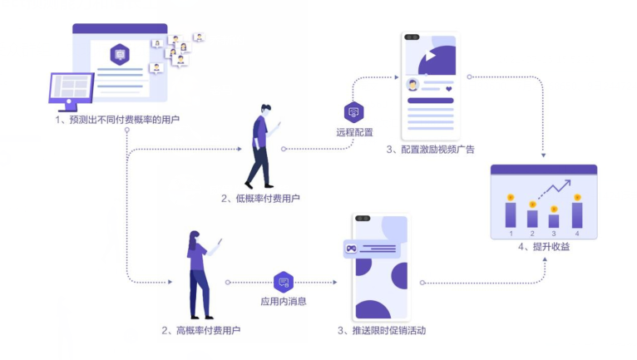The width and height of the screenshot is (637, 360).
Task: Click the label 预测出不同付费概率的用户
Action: point(117,120)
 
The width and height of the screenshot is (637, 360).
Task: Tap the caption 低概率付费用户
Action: point(261,198)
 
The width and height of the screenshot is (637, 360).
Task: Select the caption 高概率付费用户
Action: point(201,330)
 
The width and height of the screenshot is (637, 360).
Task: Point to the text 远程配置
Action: point(354,132)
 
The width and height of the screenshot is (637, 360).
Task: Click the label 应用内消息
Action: point(284,300)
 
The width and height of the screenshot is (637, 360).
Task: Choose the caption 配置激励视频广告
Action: point(431,150)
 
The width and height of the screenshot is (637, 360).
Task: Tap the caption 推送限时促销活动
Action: point(383,330)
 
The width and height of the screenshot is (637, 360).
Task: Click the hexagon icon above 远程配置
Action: point(353,112)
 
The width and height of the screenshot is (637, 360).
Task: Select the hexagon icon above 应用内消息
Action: point(284,282)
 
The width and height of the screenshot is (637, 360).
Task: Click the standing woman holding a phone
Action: point(200,274)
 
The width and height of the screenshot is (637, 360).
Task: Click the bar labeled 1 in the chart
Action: point(511,214)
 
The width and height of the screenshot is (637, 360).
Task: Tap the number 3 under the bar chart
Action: point(555,234)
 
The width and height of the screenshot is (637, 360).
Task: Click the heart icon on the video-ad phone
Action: point(448,88)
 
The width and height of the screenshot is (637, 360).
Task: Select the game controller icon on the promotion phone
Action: point(352,248)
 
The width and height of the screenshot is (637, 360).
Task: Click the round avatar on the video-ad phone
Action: point(412,85)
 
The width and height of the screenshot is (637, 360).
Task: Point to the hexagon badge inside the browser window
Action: point(120,55)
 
